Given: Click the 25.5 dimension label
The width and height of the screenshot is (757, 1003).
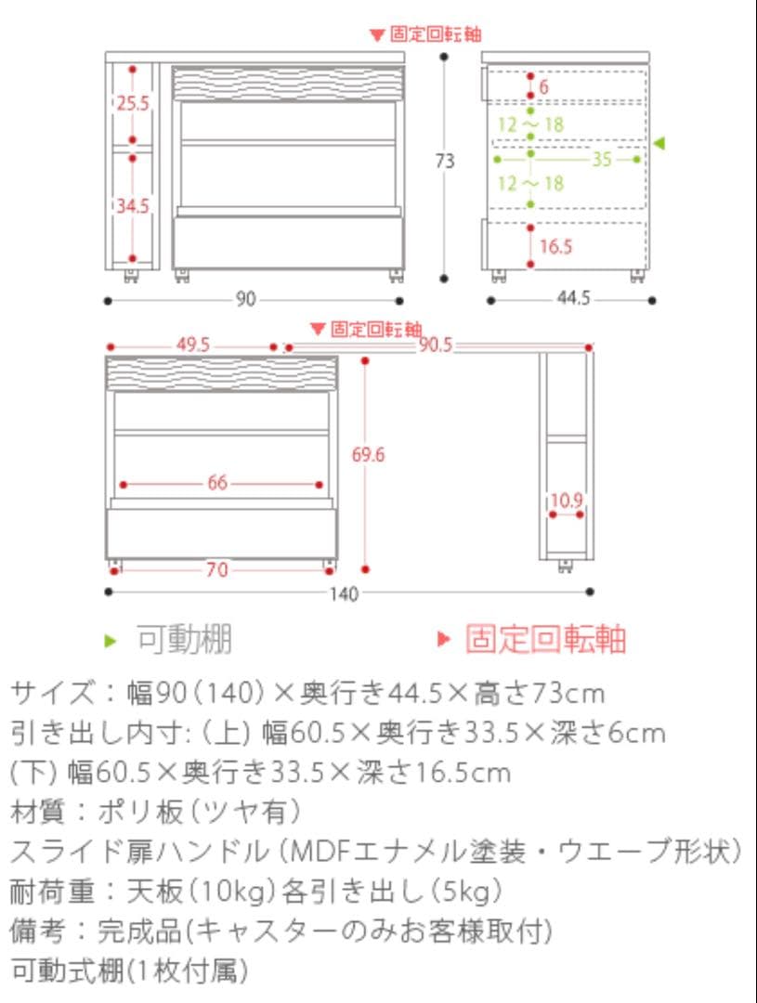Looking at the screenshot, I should coord(133,103).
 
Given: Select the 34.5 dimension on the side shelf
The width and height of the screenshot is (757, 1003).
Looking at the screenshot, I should coord(133,205).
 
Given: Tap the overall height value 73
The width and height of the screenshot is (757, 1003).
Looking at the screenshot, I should coord(446,161).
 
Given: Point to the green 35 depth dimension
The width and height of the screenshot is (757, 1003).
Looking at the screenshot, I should coord(602,159).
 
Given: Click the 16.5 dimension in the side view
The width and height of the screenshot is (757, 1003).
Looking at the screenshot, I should coord(555,246).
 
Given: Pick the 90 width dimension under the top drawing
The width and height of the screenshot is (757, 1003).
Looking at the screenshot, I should coord(245,299).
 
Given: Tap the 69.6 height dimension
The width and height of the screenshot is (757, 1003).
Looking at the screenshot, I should coord(369,454).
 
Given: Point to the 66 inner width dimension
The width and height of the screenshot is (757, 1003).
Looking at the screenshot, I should coord(217,483).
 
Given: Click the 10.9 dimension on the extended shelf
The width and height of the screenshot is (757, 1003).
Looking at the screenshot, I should coord(566,501).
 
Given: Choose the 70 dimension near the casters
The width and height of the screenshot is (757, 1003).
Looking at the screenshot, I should coord(216,570).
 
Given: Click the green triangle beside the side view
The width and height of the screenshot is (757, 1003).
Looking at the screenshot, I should coord(659,143).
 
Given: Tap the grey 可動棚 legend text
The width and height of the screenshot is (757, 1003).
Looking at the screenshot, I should coord(184,640).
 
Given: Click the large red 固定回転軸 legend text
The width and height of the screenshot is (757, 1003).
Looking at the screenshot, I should coord(545,640).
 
